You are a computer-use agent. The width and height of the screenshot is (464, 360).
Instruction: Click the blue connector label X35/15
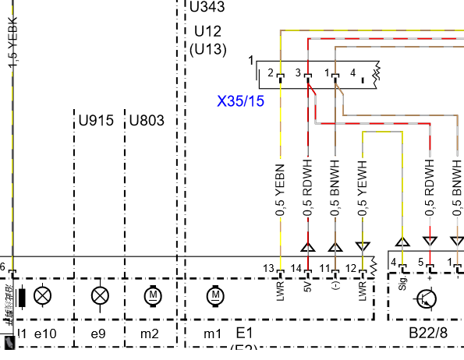[x=240, y=101]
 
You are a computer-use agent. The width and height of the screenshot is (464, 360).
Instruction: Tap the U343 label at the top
[x=207, y=9]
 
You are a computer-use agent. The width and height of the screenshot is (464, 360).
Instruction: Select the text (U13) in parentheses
[x=207, y=49]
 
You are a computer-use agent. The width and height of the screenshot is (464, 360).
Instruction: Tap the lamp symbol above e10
[x=44, y=296]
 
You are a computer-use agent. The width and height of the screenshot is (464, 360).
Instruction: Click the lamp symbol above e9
[x=99, y=296]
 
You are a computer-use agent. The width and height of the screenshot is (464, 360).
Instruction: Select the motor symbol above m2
[x=152, y=296]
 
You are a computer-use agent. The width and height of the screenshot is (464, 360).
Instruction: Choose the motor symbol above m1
[x=214, y=296]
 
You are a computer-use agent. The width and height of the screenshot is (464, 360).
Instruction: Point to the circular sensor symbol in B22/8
[x=426, y=299]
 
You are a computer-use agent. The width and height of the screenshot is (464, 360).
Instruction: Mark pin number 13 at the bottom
[x=268, y=269]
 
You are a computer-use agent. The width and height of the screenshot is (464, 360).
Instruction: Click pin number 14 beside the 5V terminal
[x=296, y=269]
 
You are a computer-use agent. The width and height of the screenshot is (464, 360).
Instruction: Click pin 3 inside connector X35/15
[x=298, y=73]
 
